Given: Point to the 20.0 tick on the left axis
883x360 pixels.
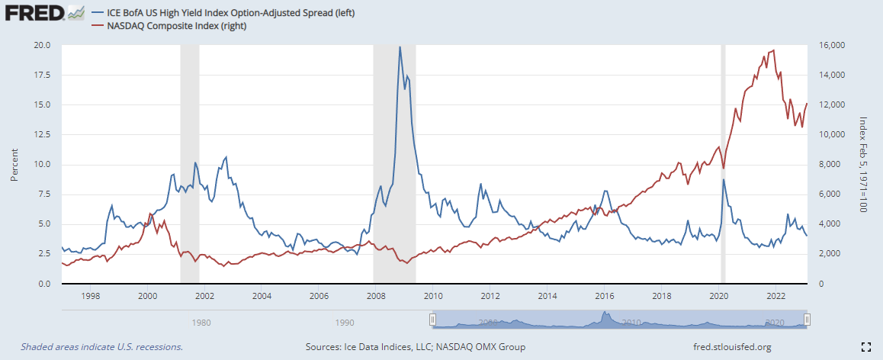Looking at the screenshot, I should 42,45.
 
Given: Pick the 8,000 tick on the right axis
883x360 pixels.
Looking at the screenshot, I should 826,164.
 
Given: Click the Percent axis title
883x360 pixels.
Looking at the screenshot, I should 14,164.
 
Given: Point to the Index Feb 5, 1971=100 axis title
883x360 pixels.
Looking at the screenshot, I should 864,164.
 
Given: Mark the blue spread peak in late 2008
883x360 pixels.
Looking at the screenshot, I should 400,47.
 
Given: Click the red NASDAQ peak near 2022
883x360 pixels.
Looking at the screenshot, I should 774,50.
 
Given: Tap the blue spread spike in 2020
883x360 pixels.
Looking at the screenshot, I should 723,180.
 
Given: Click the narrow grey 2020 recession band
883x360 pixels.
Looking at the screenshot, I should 723,114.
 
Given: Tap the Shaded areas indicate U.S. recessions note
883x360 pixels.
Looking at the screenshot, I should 101,347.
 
